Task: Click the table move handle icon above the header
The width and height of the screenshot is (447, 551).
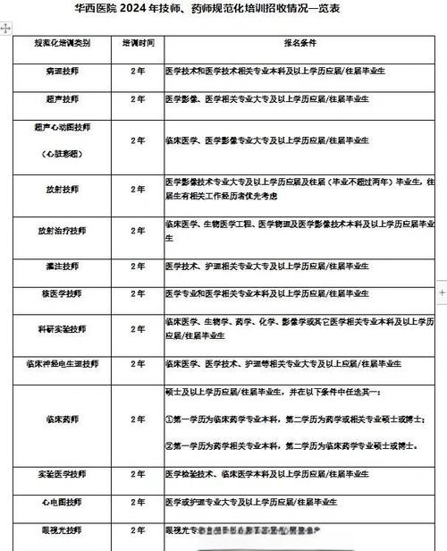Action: click(6, 29)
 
